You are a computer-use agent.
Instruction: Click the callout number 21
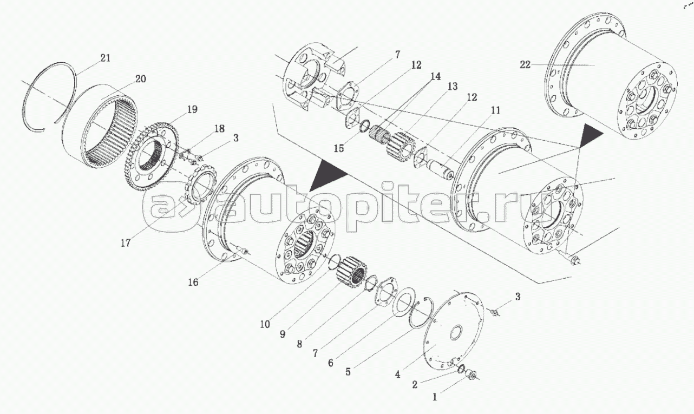point(106,58)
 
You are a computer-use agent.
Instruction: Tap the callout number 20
point(140,79)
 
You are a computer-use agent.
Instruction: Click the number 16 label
point(193,282)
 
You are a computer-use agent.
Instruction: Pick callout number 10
point(265,324)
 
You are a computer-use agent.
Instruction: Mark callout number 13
point(452,87)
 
